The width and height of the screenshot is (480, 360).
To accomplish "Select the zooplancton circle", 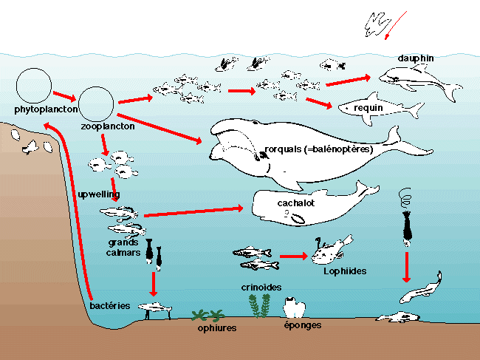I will point(96,104).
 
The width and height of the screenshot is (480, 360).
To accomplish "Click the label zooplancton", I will point(107,126).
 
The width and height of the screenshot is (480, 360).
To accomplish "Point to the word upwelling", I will point(95,194).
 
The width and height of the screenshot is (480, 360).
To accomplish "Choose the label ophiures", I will point(217,327).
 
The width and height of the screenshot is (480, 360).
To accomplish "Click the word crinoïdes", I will point(260,287).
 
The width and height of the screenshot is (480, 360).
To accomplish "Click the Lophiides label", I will point(344,271).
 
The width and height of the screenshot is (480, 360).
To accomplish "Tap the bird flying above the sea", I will point(377,26).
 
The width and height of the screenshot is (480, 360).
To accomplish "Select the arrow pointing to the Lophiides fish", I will point(293,256).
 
